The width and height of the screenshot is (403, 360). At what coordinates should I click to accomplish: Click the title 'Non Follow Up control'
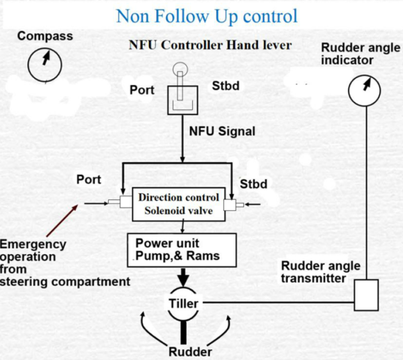coord(206,15)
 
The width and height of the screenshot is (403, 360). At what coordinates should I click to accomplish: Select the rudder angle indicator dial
coord(364,89)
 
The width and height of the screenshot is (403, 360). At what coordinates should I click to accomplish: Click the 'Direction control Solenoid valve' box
coord(178,204)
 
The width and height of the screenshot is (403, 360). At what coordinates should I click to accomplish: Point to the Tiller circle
coord(183,304)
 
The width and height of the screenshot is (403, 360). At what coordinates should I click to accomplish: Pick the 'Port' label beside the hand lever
coord(142,90)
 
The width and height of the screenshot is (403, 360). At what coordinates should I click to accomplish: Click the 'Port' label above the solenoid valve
coord(89,180)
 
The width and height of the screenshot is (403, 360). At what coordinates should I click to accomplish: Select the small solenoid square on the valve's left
coord(125,201)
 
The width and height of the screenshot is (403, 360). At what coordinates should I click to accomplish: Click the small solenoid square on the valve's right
coord(230,203)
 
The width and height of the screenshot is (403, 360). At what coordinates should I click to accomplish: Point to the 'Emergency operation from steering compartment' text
coord(64,263)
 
